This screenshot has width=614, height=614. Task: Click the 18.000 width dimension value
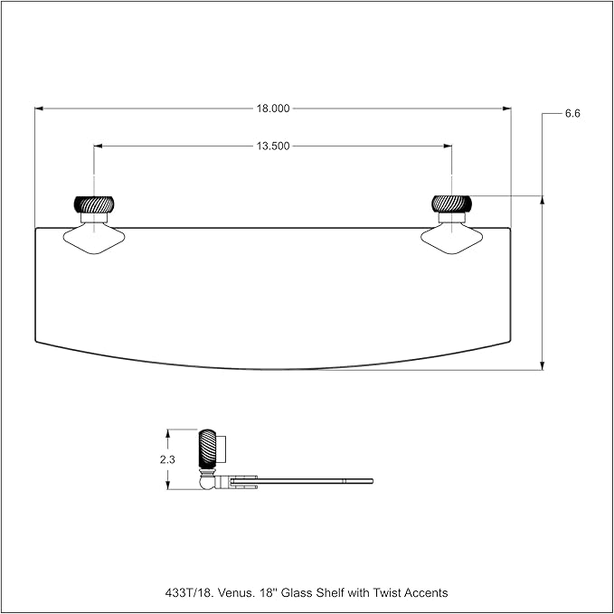(x=273, y=109)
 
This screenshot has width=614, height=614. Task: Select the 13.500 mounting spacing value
(x=273, y=146)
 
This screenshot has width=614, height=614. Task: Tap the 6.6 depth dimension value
(x=572, y=114)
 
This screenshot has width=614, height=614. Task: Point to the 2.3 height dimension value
(x=167, y=459)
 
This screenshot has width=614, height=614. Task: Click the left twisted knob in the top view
(x=94, y=204)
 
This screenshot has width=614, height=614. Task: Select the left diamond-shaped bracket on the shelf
(x=94, y=238)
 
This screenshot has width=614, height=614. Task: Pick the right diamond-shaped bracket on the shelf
(x=451, y=238)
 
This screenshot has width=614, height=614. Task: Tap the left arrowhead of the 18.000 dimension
(x=39, y=109)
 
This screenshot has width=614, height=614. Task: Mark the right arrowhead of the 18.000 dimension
(x=507, y=109)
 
